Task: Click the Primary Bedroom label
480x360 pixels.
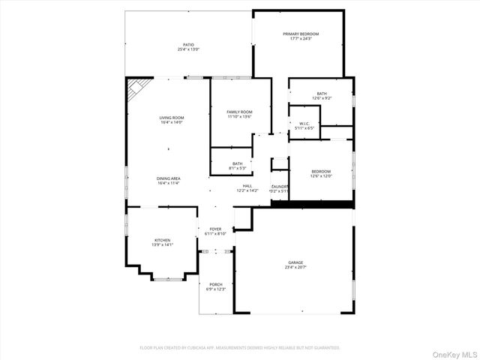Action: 300,34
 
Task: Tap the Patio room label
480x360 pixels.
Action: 187,44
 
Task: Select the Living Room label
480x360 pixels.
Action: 172,118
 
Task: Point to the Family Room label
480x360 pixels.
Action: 239,112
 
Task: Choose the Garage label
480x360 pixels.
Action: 295,262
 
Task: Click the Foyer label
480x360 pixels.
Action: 215,229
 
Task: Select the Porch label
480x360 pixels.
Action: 215,284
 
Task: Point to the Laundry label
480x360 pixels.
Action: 280,187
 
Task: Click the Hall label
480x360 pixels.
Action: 247,186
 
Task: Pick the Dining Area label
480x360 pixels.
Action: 168,178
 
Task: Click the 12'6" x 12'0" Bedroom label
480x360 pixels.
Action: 320,172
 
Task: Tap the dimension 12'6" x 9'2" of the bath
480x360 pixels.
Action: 321,98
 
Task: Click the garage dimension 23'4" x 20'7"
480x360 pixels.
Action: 295,267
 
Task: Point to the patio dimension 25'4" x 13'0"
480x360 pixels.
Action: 187,49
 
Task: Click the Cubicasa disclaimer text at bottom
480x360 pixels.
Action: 240,347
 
